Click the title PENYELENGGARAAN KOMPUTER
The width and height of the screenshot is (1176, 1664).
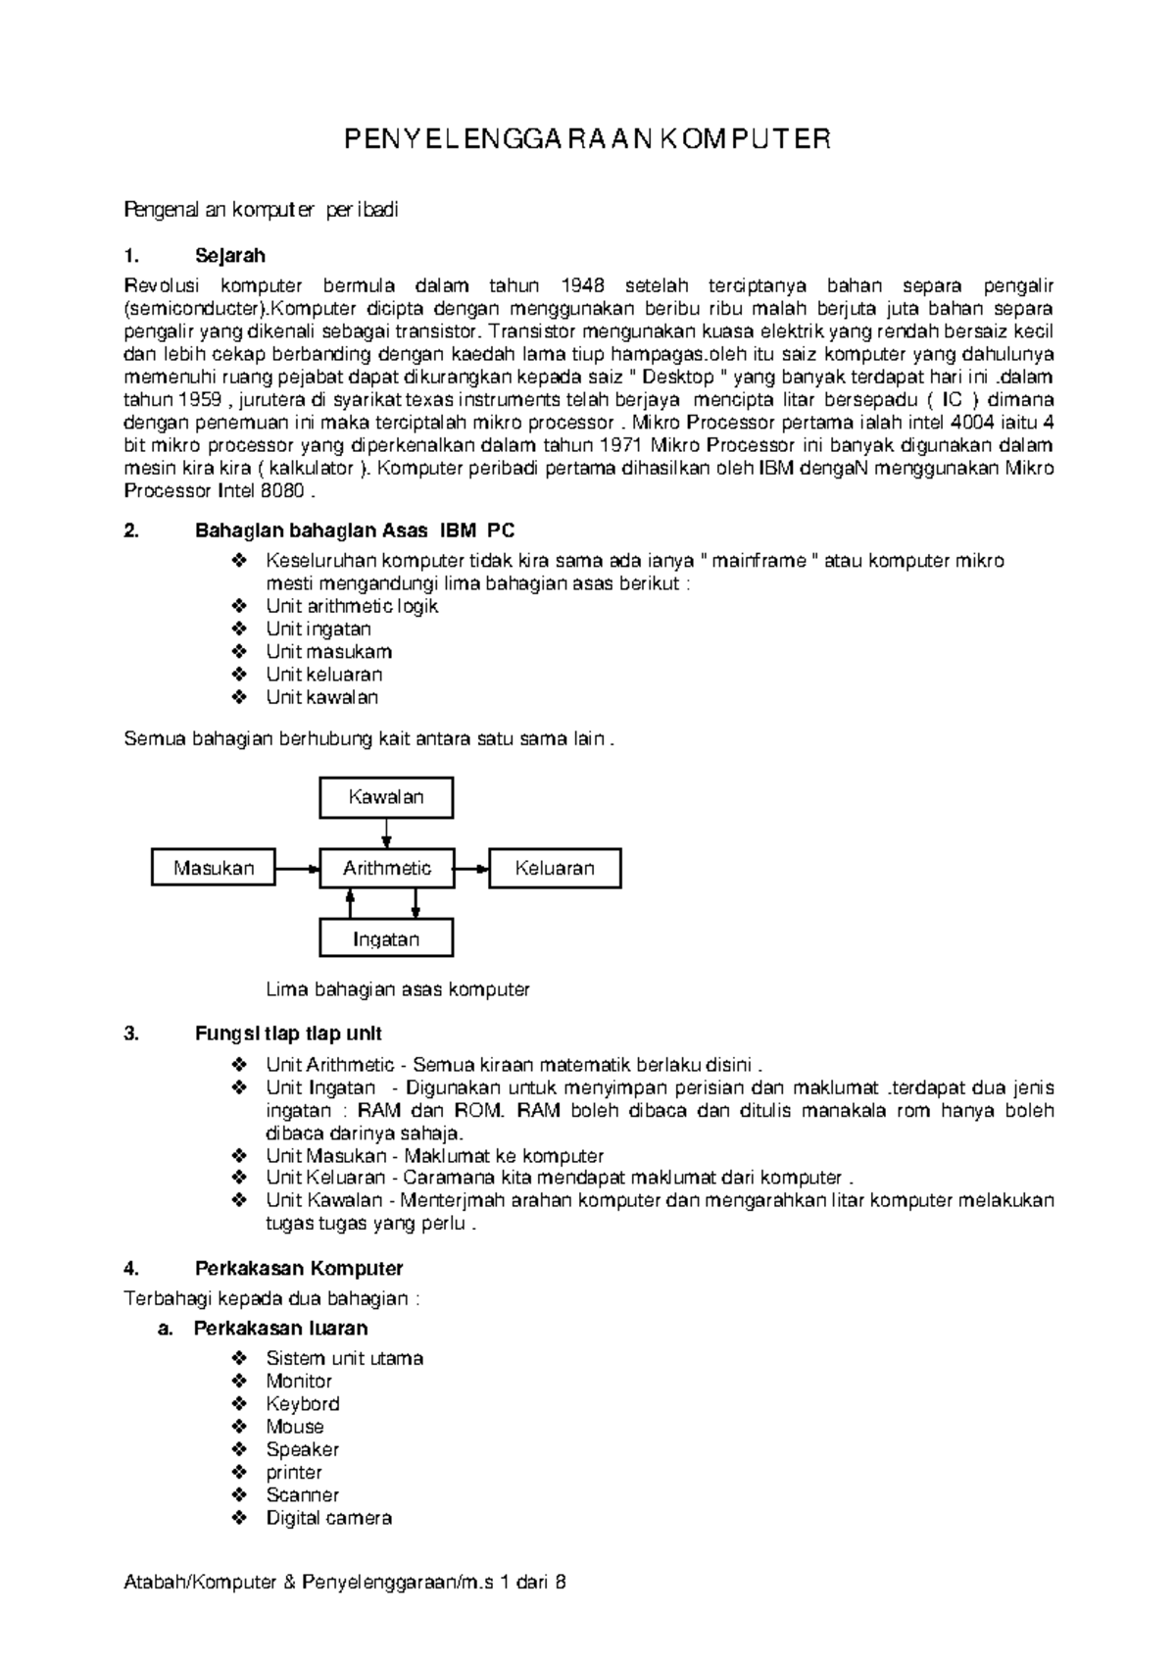[x=586, y=139]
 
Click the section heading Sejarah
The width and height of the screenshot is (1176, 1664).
[x=230, y=256]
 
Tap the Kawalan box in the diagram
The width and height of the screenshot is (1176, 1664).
[x=386, y=797]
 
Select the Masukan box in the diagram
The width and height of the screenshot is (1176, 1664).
[x=214, y=868]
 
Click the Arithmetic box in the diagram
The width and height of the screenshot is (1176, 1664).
[x=386, y=868]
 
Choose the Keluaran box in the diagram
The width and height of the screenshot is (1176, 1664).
[x=555, y=868]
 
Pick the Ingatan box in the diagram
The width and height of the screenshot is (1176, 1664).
[x=386, y=939]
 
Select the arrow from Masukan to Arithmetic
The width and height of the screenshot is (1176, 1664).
[x=298, y=868]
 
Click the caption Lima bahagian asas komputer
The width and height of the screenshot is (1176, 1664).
[x=398, y=989]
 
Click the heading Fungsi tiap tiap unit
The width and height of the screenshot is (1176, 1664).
[x=288, y=1034]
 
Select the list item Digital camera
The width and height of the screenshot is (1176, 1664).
[x=328, y=1518]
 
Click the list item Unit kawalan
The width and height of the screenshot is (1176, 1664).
[x=321, y=697]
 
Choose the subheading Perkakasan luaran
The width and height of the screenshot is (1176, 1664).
[x=280, y=1329]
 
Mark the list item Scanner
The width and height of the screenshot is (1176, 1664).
[x=302, y=1495]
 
